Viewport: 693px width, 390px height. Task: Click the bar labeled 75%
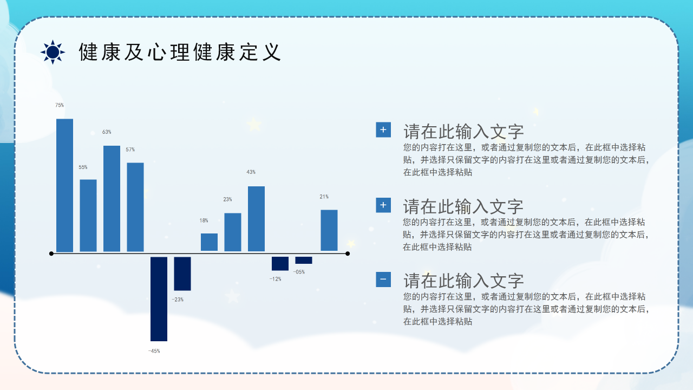(64, 185)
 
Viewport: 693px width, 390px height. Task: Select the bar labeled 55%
(88, 216)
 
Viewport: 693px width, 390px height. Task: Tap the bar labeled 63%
(112, 199)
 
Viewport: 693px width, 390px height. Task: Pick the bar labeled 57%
(135, 207)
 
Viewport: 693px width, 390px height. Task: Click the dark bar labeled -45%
(159, 299)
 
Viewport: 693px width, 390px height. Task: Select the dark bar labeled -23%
(182, 274)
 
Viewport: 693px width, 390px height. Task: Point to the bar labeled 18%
(209, 242)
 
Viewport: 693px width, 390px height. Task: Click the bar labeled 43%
(256, 219)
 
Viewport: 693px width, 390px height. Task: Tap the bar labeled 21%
(329, 230)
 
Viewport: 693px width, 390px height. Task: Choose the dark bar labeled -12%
(280, 263)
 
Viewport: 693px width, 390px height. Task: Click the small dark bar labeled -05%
(304, 260)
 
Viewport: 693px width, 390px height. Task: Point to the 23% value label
(227, 199)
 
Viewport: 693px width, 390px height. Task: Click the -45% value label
(154, 351)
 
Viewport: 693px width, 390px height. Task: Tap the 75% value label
(59, 105)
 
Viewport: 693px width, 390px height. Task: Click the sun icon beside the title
(53, 52)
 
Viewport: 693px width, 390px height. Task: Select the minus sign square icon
(383, 279)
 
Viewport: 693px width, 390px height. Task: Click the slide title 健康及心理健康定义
(180, 52)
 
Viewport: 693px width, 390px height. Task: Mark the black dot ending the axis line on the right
(348, 253)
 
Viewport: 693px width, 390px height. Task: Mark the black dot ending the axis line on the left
(51, 253)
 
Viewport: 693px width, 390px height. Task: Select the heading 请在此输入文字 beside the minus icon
(463, 281)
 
